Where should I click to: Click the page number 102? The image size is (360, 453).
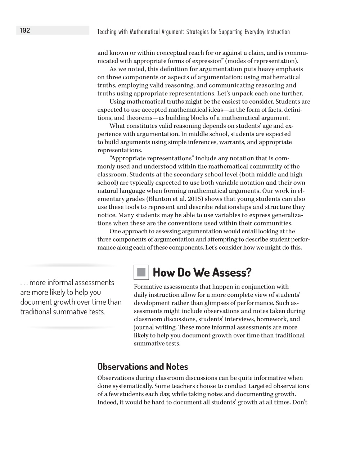point(25,31)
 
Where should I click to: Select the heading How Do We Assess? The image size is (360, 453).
point(202,272)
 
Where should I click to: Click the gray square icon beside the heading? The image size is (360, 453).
point(141,272)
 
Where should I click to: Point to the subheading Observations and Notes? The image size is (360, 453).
point(143,367)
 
